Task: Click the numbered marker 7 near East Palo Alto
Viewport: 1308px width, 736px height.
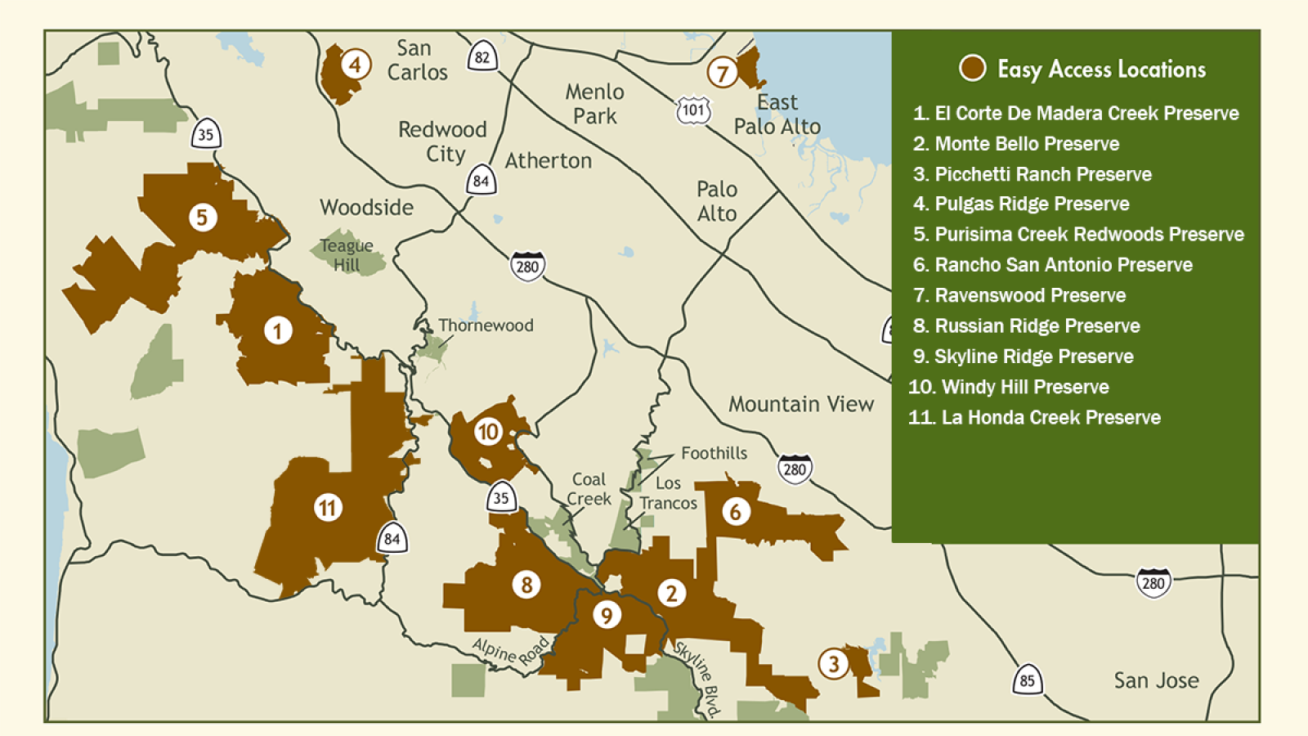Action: pos(722,73)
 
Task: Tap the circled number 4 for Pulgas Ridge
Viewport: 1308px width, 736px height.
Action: pos(355,64)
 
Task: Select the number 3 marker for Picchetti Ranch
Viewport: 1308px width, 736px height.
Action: pos(833,663)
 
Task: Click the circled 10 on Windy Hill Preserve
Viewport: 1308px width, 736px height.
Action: pos(488,431)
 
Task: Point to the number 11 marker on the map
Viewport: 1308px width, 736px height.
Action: pos(328,508)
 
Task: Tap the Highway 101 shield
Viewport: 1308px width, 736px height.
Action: pos(693,110)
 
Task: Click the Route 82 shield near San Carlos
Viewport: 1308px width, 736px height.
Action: pos(482,57)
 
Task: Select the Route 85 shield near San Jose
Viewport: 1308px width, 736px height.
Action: pos(1027,680)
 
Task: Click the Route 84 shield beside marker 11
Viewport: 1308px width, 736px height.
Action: pos(392,538)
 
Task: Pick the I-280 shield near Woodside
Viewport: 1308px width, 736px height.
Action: pos(527,266)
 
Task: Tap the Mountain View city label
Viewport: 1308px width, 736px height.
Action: pos(800,404)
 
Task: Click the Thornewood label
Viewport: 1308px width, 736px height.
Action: pos(486,325)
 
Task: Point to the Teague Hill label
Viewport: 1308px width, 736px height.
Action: pos(347,254)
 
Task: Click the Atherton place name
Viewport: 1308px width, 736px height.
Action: pos(548,161)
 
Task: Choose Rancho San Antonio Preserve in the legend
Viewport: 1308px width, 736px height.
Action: pos(1063,265)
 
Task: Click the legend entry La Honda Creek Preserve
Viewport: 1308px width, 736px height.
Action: pos(1050,417)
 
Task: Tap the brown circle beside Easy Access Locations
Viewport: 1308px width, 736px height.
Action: pos(972,68)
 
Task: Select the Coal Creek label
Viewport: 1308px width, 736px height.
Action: pos(589,489)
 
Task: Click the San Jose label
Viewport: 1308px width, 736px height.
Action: pos(1156,680)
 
